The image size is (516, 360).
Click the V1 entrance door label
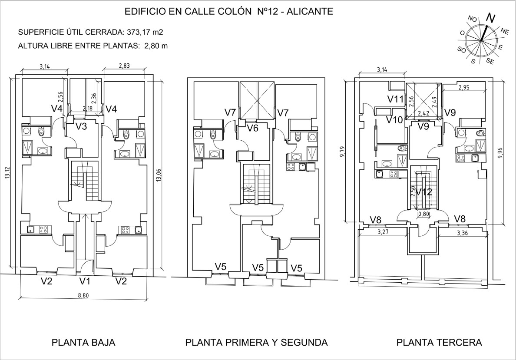tap(85, 281)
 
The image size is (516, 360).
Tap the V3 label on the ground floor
tap(82, 126)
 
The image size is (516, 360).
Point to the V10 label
tap(395, 120)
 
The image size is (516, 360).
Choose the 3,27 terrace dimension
tap(383, 232)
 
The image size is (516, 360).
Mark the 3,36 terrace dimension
tap(463, 233)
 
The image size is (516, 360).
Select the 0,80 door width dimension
tap(423, 214)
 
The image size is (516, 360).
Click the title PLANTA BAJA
tap(83, 342)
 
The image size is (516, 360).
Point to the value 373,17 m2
tap(145, 32)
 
